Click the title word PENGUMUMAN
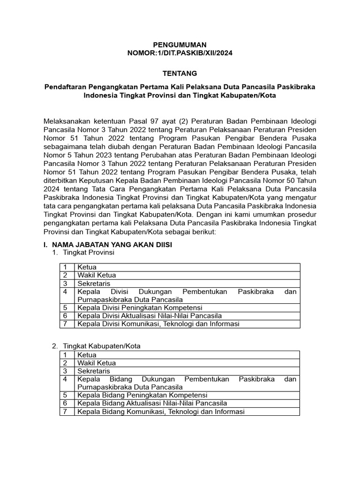point(180,45)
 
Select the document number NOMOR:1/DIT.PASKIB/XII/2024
point(180,53)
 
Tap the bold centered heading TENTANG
point(180,73)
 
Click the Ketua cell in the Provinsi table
point(87,267)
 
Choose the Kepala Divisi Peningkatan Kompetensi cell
point(140,307)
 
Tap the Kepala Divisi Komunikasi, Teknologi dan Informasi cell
point(158,323)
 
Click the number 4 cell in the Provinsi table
point(65,292)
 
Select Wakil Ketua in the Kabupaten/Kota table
point(97,363)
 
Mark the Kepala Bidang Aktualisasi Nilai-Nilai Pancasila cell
point(152,403)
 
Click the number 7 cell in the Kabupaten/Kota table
point(65,412)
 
